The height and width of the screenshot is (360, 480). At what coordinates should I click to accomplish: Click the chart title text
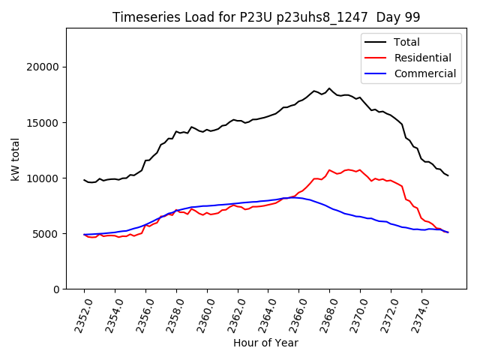click(x=266, y=16)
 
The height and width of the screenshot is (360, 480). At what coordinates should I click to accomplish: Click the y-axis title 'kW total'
click(x=15, y=159)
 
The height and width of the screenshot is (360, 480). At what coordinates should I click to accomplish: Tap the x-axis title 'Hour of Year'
click(x=265, y=343)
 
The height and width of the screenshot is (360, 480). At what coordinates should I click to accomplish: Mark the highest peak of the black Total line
click(x=328, y=88)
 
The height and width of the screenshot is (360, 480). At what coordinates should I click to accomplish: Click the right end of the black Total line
click(x=448, y=175)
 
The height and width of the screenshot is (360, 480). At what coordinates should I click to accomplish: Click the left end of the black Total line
click(x=84, y=180)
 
